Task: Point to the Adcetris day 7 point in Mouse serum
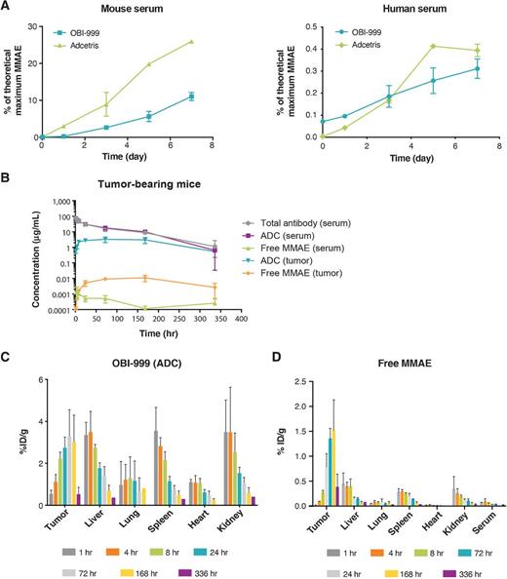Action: pos(192,41)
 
